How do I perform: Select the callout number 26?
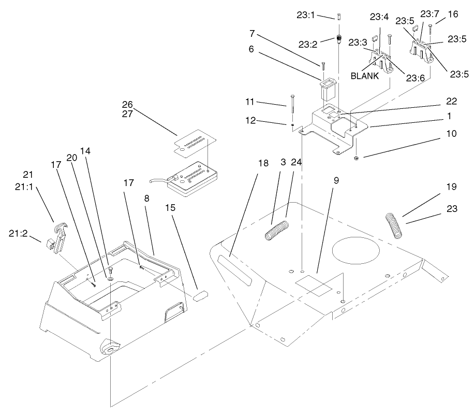click(x=127, y=105)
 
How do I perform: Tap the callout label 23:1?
click(x=321, y=16)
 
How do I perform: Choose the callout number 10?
click(x=451, y=134)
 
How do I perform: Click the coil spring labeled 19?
click(x=395, y=224)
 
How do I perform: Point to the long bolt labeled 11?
click(x=293, y=112)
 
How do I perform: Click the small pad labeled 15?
click(x=200, y=296)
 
